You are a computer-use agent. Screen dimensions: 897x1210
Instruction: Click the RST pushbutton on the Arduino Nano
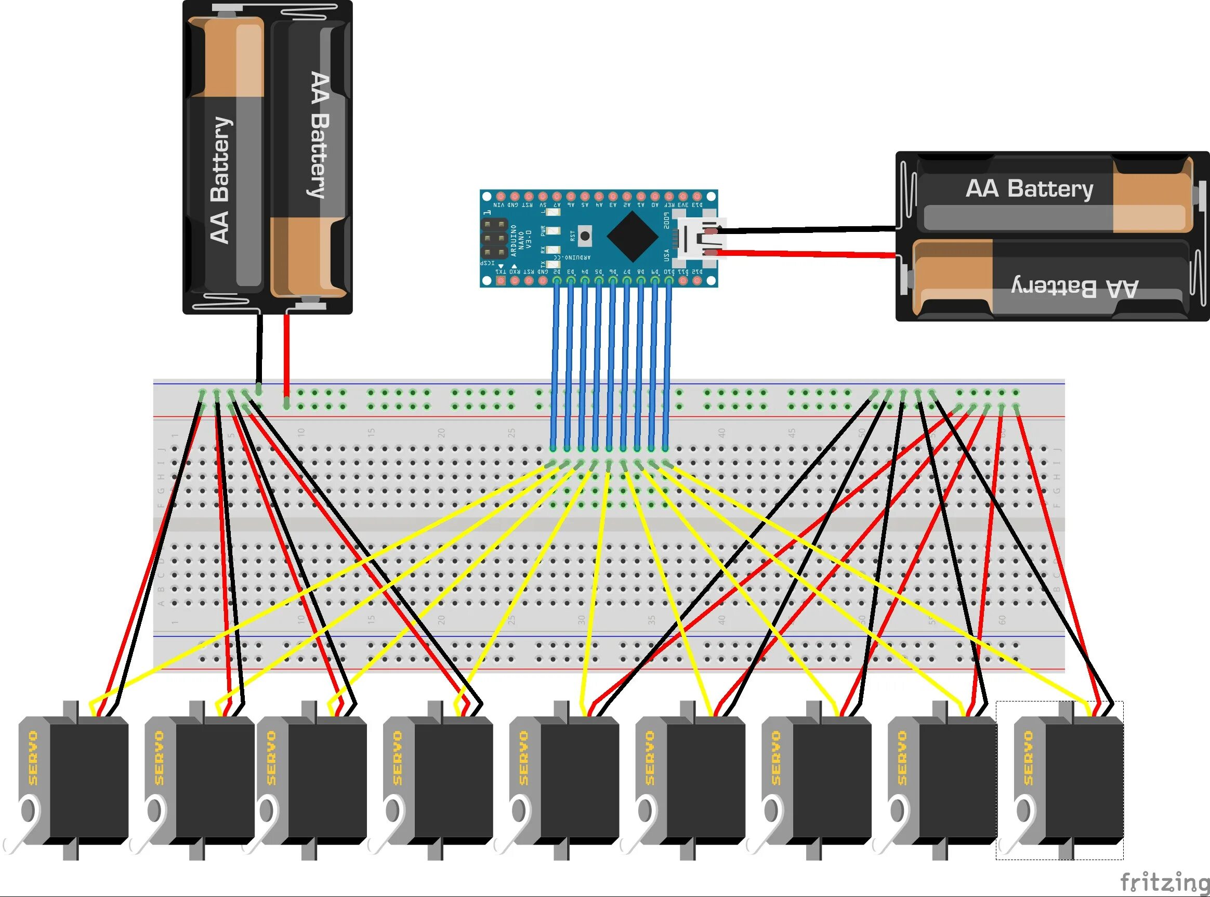[584, 236]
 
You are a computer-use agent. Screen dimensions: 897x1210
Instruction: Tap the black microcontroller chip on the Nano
[633, 237]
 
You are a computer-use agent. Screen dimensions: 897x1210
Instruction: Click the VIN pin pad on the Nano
[501, 196]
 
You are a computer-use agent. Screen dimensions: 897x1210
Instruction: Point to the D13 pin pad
[697, 196]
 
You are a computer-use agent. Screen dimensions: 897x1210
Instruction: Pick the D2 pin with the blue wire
[557, 280]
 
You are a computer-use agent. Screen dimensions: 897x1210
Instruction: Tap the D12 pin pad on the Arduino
[697, 280]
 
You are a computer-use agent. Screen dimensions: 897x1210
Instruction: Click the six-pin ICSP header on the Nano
[494, 238]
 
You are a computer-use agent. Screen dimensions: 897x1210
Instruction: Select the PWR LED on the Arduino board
[553, 231]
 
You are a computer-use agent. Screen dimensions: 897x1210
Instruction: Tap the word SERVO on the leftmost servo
[33, 758]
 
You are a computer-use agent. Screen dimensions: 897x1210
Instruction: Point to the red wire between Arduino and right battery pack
[803, 254]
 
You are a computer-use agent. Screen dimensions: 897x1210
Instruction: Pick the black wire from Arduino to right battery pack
[803, 230]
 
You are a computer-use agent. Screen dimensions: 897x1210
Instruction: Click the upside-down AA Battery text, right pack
[1074, 288]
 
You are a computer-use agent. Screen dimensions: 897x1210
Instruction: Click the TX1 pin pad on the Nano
[501, 280]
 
